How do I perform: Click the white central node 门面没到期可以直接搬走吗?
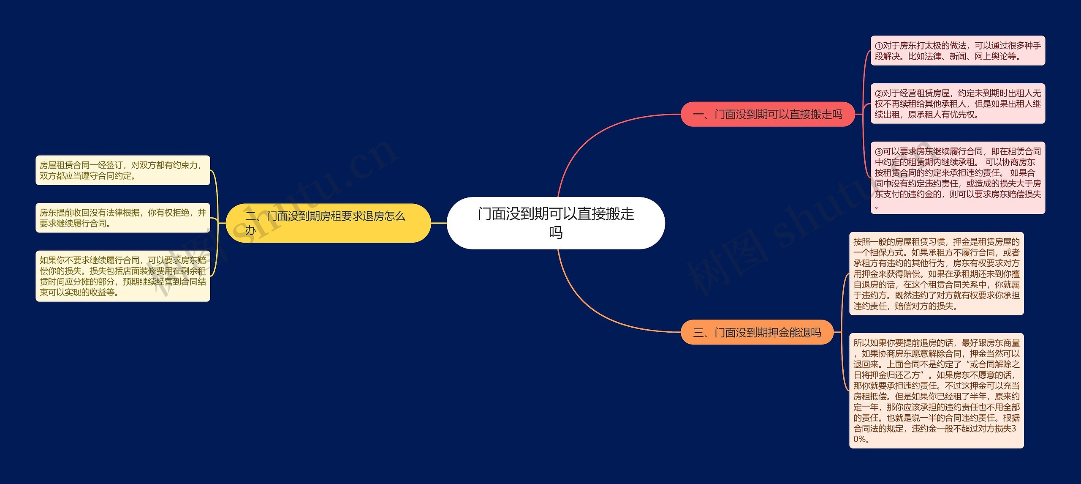pyautogui.click(x=556, y=223)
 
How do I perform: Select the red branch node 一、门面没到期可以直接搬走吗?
pyautogui.click(x=767, y=114)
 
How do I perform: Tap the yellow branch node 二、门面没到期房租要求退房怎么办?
pyautogui.click(x=328, y=223)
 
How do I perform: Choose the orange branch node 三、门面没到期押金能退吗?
pyautogui.click(x=757, y=332)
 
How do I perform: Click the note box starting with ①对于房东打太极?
pyautogui.click(x=958, y=51)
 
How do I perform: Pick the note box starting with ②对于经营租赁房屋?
pyautogui.click(x=958, y=104)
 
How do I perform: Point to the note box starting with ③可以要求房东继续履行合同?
pyautogui.click(x=958, y=178)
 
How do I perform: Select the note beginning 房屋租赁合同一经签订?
pyautogui.click(x=122, y=170)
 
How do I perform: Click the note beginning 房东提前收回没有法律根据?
pyautogui.click(x=122, y=218)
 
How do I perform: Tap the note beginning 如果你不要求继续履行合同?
pyautogui.click(x=122, y=276)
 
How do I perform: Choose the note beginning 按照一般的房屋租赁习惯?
pyautogui.click(x=936, y=273)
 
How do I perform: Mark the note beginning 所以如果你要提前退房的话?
pyautogui.click(x=936, y=391)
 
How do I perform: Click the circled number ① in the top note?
pyautogui.click(x=879, y=46)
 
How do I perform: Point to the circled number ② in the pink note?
pyautogui.click(x=879, y=93)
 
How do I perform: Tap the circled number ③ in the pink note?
pyautogui.click(x=879, y=152)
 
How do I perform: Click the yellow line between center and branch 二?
pyautogui.click(x=439, y=223)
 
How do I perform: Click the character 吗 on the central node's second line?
pyautogui.click(x=556, y=232)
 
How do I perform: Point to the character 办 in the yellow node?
pyautogui.click(x=250, y=230)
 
